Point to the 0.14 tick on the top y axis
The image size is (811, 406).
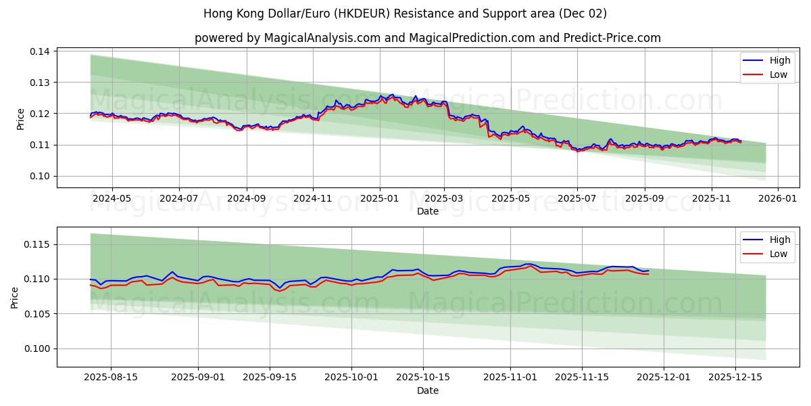tap(40, 51)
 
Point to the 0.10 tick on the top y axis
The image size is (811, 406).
tap(40, 176)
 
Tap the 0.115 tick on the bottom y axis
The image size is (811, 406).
tap(37, 244)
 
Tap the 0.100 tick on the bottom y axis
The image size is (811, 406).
tap(37, 348)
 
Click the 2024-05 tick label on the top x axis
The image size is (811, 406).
tap(112, 199)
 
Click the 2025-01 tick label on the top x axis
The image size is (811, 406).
tap(379, 199)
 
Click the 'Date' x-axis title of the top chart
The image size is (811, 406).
tap(427, 211)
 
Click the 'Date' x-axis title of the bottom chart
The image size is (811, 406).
tap(427, 390)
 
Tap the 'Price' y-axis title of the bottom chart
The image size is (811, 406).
tap(15, 297)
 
